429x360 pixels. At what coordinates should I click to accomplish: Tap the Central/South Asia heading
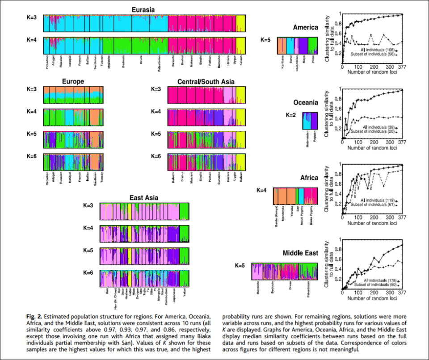point(206,81)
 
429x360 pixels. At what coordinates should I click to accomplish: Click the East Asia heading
point(144,198)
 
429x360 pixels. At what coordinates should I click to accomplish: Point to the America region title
point(306,27)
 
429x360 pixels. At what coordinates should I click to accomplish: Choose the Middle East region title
point(300,253)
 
